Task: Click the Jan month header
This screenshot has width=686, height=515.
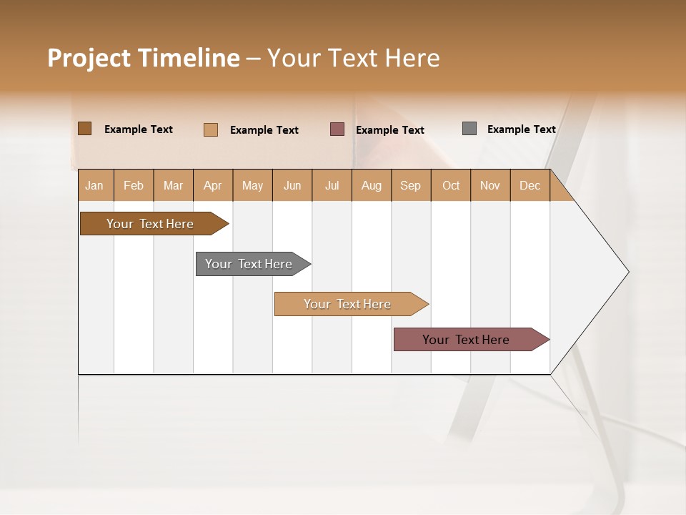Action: tap(94, 185)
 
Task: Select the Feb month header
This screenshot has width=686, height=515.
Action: tap(134, 185)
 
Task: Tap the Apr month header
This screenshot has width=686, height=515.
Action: tap(212, 185)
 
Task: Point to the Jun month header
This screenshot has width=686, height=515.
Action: tap(292, 185)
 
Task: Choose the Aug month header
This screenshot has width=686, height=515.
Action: tap(371, 185)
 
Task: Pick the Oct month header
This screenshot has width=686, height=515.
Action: tap(451, 185)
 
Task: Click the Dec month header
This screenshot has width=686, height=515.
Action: tap(530, 185)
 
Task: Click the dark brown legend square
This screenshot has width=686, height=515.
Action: tap(84, 129)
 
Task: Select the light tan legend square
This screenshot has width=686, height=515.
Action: tap(211, 129)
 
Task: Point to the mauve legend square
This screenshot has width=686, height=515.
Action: tap(337, 129)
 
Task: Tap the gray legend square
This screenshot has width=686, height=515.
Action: tap(469, 129)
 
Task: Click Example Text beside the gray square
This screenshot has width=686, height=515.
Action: tap(521, 129)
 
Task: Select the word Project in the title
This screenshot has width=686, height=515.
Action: tap(89, 58)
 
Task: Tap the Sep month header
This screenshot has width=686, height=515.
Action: tap(410, 185)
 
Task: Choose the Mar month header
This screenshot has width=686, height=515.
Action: tap(173, 185)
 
